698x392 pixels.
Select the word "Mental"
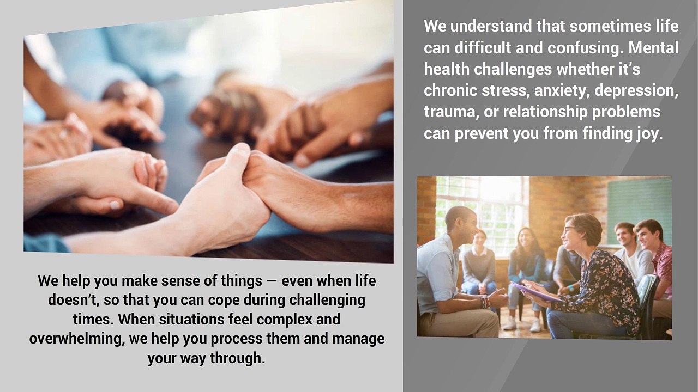click(653, 47)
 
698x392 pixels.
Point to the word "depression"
click(636, 91)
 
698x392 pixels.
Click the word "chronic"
click(450, 90)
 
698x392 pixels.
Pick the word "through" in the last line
click(237, 358)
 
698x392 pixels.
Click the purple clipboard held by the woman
click(537, 292)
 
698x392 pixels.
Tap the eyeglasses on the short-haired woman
click(570, 230)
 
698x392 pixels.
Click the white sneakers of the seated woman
click(523, 323)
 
